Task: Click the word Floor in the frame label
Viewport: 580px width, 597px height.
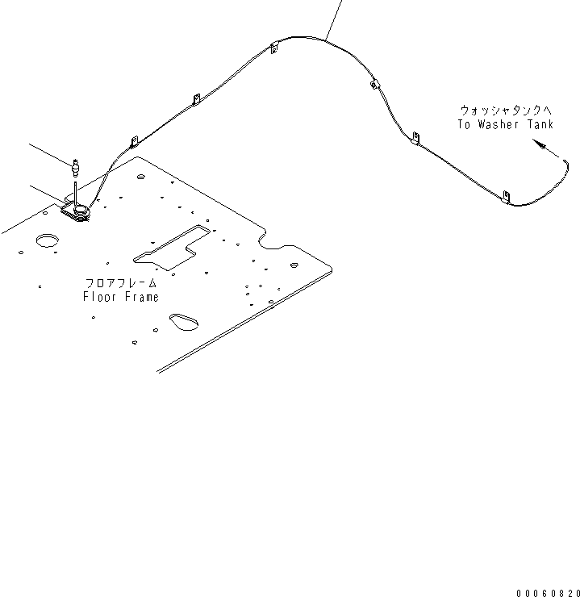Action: click(99, 297)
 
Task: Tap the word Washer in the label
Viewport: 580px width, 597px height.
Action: click(499, 124)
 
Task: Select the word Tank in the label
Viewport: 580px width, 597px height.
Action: click(540, 124)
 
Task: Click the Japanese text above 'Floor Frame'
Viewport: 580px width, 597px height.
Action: click(121, 284)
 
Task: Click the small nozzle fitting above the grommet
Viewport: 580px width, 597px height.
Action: click(74, 168)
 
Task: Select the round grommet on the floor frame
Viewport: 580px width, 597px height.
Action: click(79, 213)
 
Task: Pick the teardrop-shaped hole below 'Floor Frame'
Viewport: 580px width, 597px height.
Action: click(185, 320)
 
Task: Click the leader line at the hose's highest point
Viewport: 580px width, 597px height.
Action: click(333, 16)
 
